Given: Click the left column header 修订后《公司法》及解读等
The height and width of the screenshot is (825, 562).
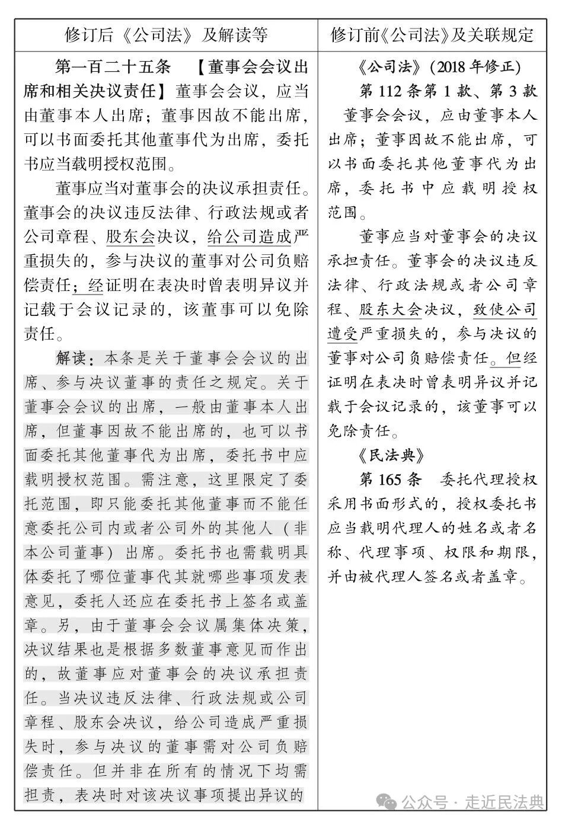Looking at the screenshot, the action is click(x=166, y=36).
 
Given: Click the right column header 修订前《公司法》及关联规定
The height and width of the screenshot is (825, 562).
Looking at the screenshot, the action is click(x=432, y=36).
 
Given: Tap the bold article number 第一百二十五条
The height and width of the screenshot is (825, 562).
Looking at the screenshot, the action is click(x=113, y=67).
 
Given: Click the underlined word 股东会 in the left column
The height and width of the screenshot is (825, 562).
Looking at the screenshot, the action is click(x=130, y=237).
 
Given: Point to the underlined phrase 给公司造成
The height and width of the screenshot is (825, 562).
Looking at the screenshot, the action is click(x=250, y=237).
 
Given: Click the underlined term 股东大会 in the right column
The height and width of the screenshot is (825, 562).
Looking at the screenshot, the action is click(x=390, y=310).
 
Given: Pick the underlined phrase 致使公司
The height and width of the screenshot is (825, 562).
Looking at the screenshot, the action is click(x=505, y=310).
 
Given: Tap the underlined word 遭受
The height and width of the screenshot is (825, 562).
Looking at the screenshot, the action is click(x=343, y=334).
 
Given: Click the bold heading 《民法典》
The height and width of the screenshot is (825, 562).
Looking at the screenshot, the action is click(x=391, y=455).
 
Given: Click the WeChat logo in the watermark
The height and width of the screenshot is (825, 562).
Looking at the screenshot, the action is click(x=389, y=802).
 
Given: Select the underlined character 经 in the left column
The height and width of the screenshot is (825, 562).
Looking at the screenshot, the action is click(x=95, y=286).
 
